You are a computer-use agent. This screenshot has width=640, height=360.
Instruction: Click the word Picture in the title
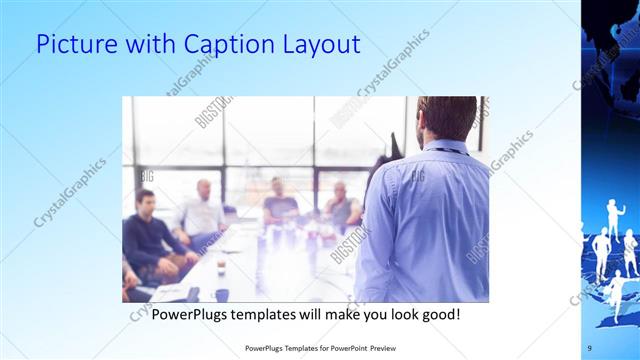pyautogui.click(x=71, y=45)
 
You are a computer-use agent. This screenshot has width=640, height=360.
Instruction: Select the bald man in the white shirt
pyautogui.click(x=202, y=213)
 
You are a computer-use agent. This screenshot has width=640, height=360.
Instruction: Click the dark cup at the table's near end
pyautogui.click(x=222, y=294)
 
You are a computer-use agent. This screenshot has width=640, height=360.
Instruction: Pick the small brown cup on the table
pyautogui.click(x=221, y=266)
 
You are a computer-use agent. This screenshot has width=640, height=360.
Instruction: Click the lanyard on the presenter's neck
pyautogui.click(x=445, y=151)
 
